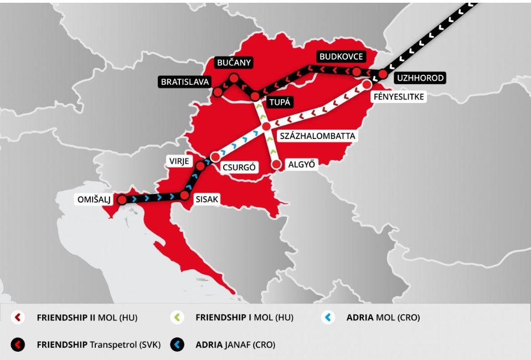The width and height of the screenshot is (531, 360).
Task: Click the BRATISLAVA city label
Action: tap(185, 82)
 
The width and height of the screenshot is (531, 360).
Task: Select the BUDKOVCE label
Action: tap(341, 57)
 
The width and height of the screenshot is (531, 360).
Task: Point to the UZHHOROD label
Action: tap(420, 78)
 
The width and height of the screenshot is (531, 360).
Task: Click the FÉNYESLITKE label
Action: tap(399, 97)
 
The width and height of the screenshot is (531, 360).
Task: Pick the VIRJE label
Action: tap(179, 161)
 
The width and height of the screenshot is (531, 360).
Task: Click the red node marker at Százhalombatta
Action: tap(266, 127)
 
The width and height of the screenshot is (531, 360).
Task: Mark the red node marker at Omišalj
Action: tap(122, 200)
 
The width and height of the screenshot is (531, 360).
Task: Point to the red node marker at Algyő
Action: tap(276, 164)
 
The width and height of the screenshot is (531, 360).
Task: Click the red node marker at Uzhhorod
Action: tap(382, 74)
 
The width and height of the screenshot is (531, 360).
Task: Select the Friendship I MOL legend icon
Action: tap(177, 318)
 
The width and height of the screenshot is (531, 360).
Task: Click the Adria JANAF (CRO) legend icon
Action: tap(177, 344)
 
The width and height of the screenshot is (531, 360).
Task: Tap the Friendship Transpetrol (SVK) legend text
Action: tap(99, 344)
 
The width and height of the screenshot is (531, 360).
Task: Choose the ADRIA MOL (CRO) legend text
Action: tap(383, 318)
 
